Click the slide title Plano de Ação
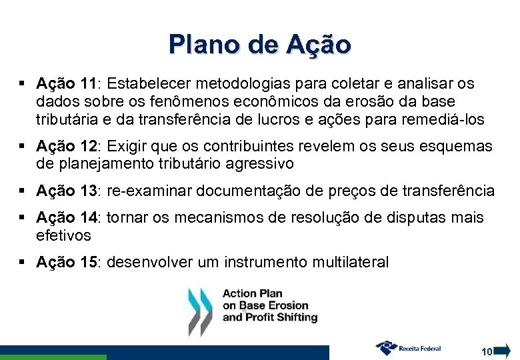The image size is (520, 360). click(259, 44)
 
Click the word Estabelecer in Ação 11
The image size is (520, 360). click(147, 84)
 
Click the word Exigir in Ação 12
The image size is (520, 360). click(125, 146)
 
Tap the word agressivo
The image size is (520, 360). click(263, 163)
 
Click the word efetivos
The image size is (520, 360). click(63, 236)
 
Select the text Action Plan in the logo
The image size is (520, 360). click(252, 293)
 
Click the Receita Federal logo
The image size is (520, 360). click(409, 347)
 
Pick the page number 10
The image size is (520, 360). click(487, 351)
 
